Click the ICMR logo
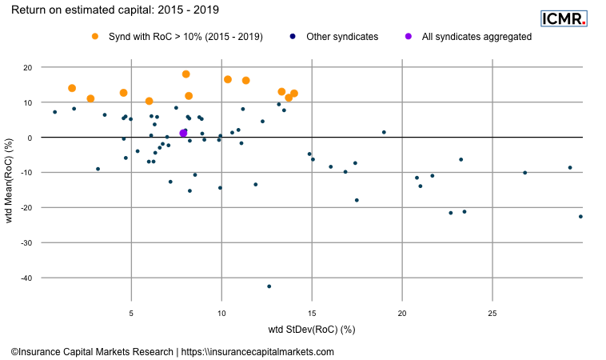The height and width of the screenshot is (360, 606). (564, 18)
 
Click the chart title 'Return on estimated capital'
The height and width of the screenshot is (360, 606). (112, 11)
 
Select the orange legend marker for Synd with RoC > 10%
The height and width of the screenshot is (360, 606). (95, 37)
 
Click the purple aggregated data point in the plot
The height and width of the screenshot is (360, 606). (183, 133)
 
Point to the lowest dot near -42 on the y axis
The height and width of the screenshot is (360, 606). (269, 286)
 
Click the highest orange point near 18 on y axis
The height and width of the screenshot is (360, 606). (186, 74)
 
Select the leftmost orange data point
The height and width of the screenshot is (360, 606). (72, 88)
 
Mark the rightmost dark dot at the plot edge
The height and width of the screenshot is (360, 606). (580, 217)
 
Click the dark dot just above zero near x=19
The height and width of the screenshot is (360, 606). (384, 132)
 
